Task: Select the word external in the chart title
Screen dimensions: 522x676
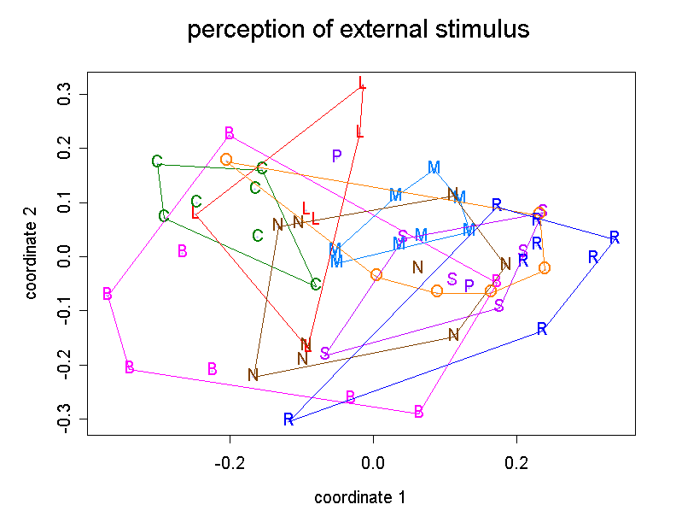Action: [359, 31]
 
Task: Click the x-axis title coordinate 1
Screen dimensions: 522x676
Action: [359, 496]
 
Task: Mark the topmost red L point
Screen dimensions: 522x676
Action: [362, 84]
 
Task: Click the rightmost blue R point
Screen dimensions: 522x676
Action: [615, 238]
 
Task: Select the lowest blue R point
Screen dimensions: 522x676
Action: [288, 419]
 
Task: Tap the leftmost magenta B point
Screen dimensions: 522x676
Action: [108, 294]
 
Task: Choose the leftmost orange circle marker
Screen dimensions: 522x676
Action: [226, 160]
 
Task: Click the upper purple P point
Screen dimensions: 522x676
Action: [337, 155]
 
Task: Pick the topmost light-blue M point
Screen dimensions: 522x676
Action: [434, 167]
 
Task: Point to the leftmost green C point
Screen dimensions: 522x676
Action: [157, 161]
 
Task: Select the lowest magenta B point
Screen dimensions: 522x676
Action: [419, 412]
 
